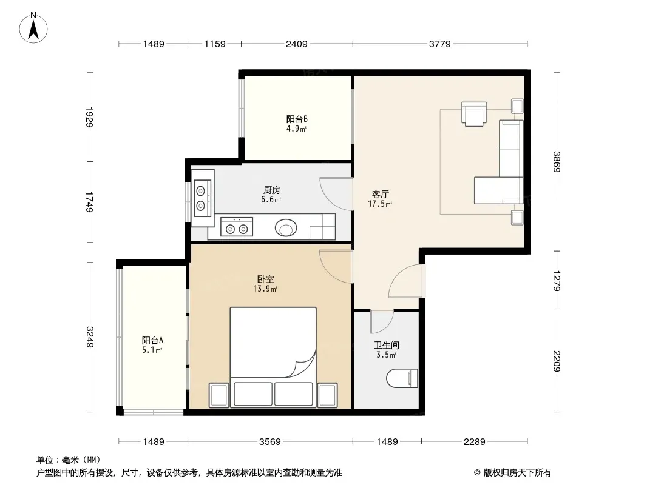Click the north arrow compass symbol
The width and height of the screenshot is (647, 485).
click(x=33, y=28)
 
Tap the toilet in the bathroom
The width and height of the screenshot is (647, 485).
click(x=402, y=378)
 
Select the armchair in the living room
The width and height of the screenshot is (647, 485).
click(x=473, y=113)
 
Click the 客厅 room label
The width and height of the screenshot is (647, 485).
click(x=381, y=194)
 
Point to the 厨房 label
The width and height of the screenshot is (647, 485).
click(x=272, y=190)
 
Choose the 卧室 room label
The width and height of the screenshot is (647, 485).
click(x=265, y=279)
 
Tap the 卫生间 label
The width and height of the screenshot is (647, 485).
click(x=386, y=346)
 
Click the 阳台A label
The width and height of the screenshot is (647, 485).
click(x=152, y=340)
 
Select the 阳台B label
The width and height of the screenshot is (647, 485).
click(x=297, y=119)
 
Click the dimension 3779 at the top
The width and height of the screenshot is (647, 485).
click(x=440, y=44)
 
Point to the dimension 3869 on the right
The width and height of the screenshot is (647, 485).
click(x=557, y=162)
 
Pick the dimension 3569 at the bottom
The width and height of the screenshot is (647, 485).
click(x=270, y=442)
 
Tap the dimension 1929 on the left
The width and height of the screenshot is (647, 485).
click(x=90, y=117)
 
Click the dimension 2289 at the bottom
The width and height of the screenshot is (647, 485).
click(x=475, y=442)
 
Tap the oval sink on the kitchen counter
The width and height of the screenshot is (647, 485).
click(x=286, y=227)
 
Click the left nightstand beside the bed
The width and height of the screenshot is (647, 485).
click(x=218, y=395)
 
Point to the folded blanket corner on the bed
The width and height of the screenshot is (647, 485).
click(x=303, y=365)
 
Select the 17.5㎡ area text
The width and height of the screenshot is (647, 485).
click(x=380, y=204)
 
